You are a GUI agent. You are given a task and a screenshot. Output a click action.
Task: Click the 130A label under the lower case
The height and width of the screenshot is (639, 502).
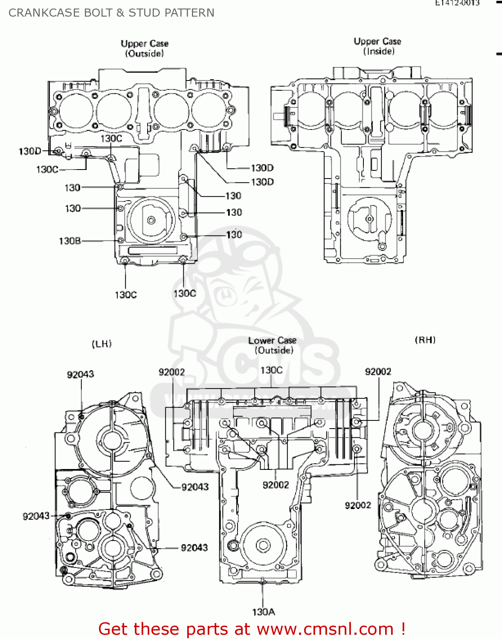263,612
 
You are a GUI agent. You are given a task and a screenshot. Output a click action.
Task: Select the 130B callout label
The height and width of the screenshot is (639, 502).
70,241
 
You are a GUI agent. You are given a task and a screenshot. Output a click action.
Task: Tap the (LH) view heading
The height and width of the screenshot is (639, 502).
102,344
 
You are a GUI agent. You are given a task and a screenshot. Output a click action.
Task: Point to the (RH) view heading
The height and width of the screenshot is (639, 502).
425,340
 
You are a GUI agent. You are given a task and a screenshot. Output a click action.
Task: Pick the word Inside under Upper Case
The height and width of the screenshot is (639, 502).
379,52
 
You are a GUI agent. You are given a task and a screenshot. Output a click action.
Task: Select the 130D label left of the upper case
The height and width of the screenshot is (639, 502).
30,151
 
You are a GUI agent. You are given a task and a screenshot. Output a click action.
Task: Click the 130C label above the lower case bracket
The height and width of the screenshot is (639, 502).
271,370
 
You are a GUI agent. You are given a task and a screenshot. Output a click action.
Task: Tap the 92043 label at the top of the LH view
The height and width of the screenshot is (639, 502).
80,374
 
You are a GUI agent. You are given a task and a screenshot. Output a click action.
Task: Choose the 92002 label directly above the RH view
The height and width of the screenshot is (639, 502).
378,372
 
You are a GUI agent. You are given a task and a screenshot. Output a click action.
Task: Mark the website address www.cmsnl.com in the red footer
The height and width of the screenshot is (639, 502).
325,629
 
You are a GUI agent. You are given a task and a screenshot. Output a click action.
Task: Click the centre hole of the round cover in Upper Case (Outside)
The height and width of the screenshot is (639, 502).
151,220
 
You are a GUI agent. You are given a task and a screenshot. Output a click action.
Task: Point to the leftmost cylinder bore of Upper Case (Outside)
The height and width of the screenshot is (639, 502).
75,110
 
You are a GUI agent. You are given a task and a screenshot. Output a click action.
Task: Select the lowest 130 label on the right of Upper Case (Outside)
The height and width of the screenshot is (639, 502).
234,235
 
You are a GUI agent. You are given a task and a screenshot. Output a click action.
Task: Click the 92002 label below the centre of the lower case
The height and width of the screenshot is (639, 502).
276,485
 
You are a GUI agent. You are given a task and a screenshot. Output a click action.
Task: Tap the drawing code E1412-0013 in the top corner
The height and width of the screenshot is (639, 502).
457,3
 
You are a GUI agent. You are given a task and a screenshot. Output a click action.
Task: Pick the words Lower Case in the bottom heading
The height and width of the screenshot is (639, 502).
272,341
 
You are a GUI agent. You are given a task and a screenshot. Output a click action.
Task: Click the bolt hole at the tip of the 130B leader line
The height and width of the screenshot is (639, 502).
121,241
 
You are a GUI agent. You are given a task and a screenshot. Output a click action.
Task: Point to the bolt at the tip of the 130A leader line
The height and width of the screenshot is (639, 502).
263,581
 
